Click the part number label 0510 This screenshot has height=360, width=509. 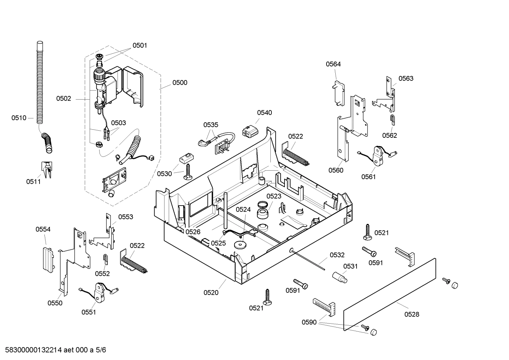[19, 118]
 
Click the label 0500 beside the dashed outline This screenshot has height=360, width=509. [180, 83]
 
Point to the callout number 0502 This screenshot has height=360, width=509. [64, 99]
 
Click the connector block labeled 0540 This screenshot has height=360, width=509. [250, 132]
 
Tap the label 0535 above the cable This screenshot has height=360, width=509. [211, 125]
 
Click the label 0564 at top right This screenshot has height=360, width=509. [333, 64]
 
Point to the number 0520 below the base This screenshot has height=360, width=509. [211, 292]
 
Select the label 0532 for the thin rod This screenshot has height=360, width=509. [337, 255]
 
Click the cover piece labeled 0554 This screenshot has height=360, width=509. [47, 259]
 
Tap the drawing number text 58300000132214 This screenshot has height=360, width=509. [31, 350]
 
